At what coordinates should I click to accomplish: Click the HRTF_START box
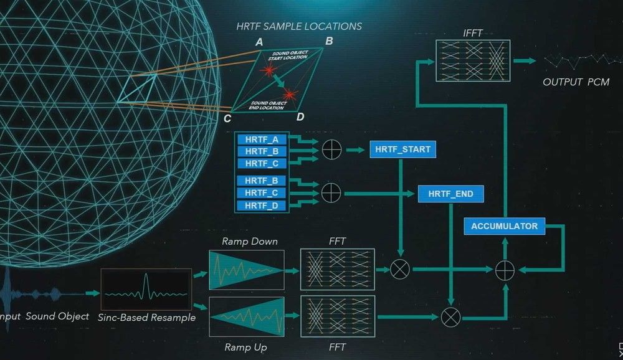[x=402, y=149]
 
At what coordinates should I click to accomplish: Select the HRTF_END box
[x=450, y=194]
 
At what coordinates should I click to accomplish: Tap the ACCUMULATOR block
[x=504, y=226]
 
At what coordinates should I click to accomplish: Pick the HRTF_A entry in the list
[x=262, y=140]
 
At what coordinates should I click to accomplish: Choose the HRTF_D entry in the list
[x=262, y=206]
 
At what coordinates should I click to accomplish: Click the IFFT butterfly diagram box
[x=473, y=61]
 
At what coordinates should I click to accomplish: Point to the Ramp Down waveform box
[x=246, y=270]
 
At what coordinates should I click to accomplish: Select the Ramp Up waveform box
[x=246, y=316]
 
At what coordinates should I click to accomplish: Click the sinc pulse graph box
[x=146, y=289]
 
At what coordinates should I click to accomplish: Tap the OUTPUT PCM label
[x=576, y=82]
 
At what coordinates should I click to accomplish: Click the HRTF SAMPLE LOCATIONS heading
[x=299, y=26]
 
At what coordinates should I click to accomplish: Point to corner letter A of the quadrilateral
[x=259, y=42]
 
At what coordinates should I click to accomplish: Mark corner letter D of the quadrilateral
[x=300, y=117]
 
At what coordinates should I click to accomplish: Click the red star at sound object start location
[x=269, y=71]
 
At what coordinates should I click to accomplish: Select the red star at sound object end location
[x=290, y=95]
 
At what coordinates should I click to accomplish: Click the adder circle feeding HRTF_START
[x=331, y=149]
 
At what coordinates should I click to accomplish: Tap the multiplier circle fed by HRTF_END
[x=450, y=317]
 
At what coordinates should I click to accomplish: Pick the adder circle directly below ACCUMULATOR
[x=505, y=270]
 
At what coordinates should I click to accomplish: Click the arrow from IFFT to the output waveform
[x=525, y=61]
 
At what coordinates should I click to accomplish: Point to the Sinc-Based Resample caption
[x=146, y=318]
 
